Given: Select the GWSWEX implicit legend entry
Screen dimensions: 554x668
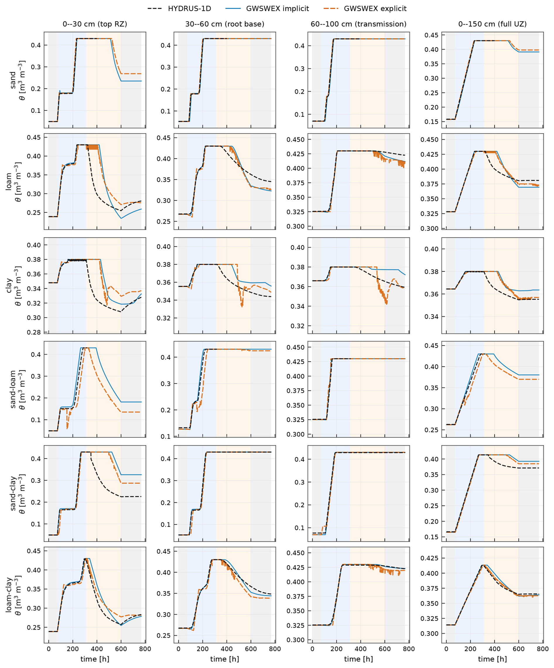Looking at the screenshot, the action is (267, 9).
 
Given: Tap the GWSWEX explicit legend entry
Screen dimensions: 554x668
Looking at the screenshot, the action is (365, 9).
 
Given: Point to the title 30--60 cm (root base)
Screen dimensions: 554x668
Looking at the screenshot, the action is (225, 24).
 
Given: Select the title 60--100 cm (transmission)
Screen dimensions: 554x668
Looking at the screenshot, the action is (358, 24).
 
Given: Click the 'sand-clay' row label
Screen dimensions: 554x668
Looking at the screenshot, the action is (13, 493).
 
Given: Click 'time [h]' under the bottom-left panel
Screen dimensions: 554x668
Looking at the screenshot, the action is (95, 659).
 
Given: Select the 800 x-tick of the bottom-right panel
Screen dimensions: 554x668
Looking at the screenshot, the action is (543, 649).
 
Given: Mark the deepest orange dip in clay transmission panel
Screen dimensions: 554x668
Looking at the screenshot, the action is (387, 304).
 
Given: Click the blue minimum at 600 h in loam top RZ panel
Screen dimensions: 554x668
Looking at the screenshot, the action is (121, 218).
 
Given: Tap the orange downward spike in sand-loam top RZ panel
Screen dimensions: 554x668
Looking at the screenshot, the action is (67, 429).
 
